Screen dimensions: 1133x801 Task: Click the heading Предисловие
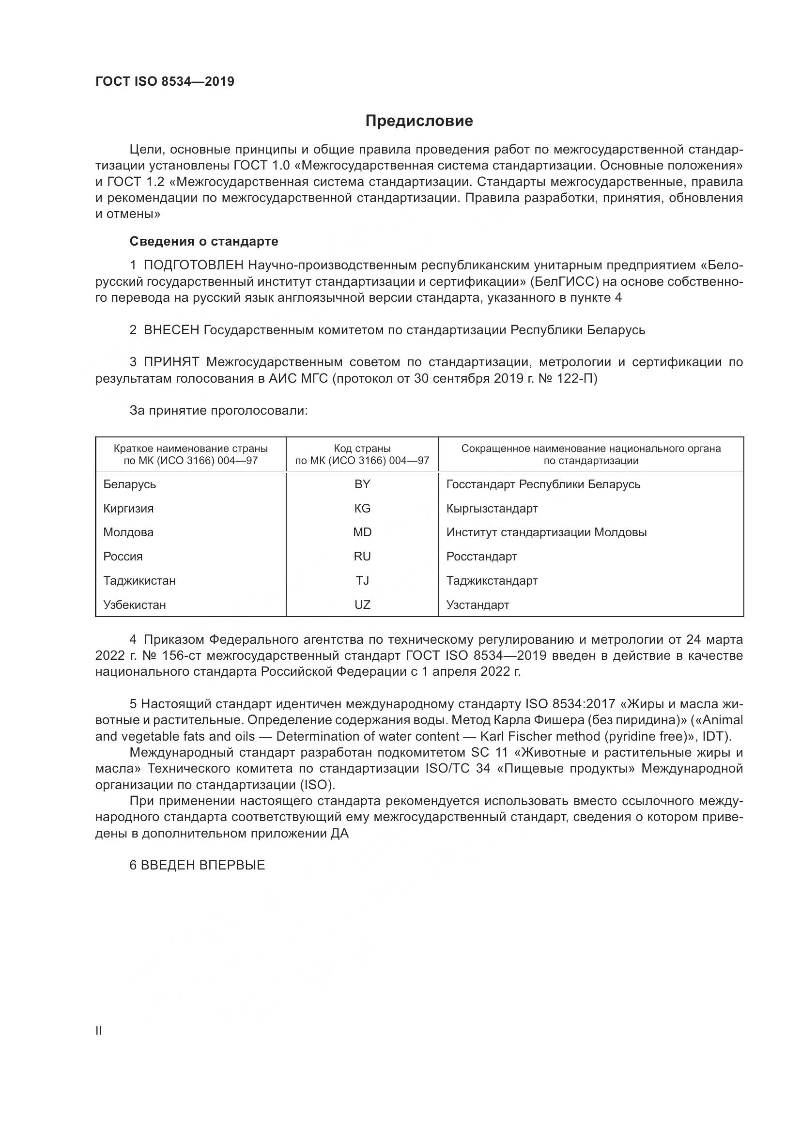tap(419, 121)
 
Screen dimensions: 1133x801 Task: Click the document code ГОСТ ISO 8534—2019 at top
tap(165, 81)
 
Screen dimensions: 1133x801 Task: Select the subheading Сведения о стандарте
tap(204, 241)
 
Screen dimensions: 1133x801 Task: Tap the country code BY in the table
tap(362, 484)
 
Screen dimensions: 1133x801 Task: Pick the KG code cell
tap(362, 509)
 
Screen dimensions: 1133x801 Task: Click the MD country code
tap(362, 532)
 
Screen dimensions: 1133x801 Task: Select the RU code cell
tap(362, 557)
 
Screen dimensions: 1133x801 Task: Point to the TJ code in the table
tap(362, 581)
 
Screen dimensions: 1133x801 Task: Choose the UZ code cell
tap(362, 605)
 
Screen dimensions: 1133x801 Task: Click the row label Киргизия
tap(128, 509)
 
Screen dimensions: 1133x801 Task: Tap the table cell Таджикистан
tap(139, 581)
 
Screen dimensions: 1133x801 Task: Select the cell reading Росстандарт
tap(481, 557)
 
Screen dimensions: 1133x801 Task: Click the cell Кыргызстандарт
tap(492, 509)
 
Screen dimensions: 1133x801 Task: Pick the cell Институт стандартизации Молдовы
tap(546, 532)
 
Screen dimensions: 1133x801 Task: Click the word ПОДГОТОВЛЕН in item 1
tap(193, 265)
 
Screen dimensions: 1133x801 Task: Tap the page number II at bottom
tap(99, 1031)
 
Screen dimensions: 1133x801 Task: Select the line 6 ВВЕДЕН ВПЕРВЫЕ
tap(197, 865)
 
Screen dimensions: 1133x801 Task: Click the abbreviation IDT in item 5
tap(715, 736)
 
